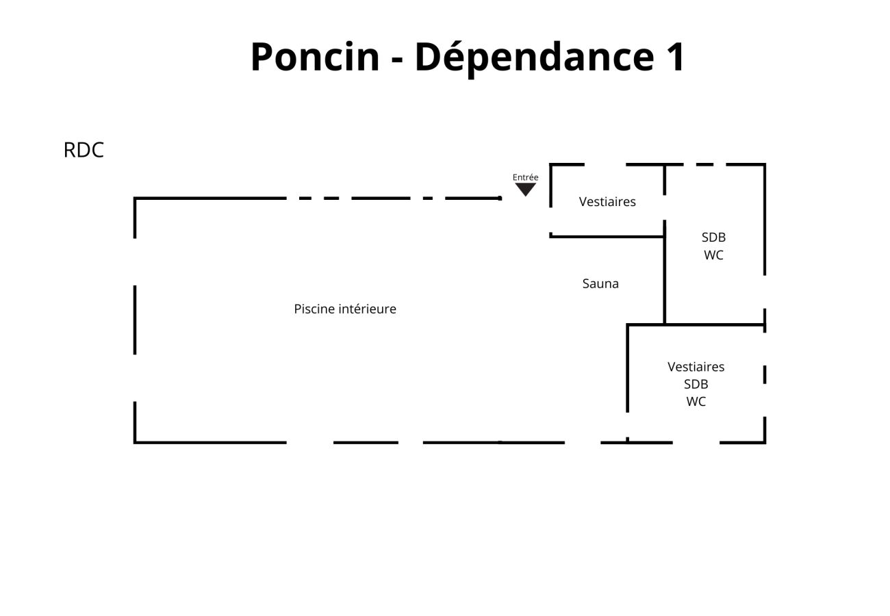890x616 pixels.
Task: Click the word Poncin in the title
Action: [314, 57]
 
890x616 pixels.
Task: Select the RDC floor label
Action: [84, 151]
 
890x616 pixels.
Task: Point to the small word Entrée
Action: [525, 177]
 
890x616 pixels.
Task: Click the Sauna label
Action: [600, 283]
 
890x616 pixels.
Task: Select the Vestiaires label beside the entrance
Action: [607, 202]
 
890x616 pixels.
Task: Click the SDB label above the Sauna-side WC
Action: [713, 238]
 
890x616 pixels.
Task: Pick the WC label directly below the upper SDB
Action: [713, 255]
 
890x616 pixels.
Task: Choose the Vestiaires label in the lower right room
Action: [696, 367]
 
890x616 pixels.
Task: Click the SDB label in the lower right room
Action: [696, 384]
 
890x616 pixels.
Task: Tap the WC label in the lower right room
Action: [696, 402]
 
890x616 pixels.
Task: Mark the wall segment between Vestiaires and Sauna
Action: [607, 236]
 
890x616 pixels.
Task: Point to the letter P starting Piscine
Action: [298, 309]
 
